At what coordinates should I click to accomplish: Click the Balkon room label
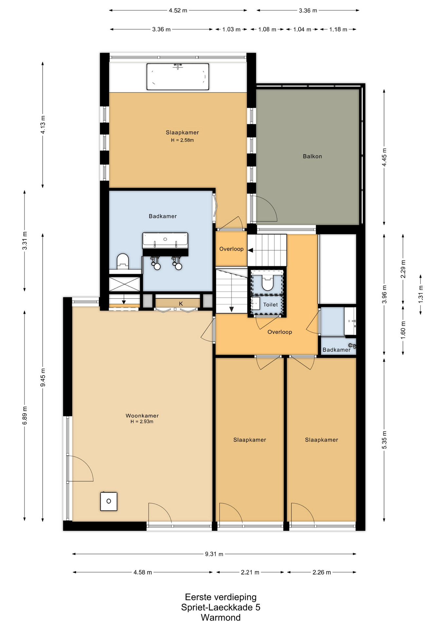click(312, 156)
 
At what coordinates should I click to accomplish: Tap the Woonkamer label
click(142, 415)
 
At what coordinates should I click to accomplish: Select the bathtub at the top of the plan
click(178, 77)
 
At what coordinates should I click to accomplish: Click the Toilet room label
click(270, 305)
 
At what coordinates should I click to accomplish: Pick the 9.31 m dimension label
click(214, 554)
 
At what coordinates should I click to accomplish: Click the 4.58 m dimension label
click(143, 572)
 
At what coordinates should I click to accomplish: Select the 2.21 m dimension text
click(250, 572)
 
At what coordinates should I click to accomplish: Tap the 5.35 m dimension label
click(384, 440)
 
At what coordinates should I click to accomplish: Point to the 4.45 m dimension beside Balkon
click(384, 157)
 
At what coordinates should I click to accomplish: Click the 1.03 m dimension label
click(231, 29)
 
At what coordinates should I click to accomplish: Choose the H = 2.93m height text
click(142, 422)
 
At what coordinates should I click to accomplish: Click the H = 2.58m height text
click(182, 140)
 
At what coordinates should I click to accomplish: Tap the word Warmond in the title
click(221, 618)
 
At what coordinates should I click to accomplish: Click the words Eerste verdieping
click(221, 597)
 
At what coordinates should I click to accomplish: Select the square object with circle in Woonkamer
click(109, 501)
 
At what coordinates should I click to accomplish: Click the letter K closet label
click(181, 304)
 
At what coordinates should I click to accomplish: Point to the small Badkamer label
click(337, 350)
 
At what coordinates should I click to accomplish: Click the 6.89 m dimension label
click(25, 415)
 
